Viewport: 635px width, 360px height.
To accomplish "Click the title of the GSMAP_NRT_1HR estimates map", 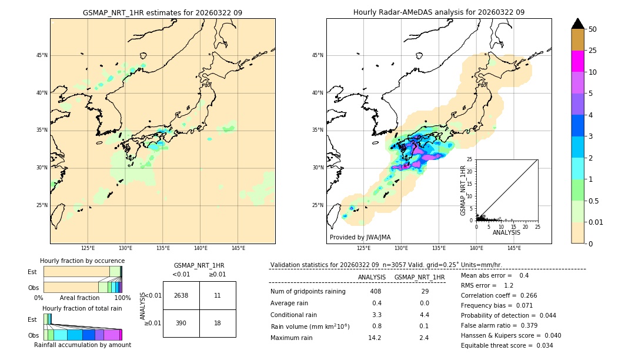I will pyautogui.click(x=162, y=12).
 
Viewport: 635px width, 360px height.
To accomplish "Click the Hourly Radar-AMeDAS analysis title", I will pyautogui.click(x=439, y=12).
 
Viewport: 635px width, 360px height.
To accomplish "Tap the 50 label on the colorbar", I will pyautogui.click(x=593, y=29).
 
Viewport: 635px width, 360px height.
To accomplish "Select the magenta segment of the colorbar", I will pyautogui.click(x=577, y=61).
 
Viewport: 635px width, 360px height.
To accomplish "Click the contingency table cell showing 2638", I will pyautogui.click(x=181, y=295).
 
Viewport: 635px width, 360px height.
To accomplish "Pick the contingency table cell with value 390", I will pyautogui.click(x=181, y=324).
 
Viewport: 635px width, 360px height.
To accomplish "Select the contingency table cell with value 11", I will pyautogui.click(x=218, y=295).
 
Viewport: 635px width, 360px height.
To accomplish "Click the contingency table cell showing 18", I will pyautogui.click(x=218, y=324).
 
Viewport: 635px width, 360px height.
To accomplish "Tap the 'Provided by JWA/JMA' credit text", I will pyautogui.click(x=360, y=238).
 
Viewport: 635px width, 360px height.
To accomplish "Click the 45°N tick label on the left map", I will pyautogui.click(x=42, y=55).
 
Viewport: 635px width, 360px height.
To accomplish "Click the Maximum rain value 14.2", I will pyautogui.click(x=375, y=338).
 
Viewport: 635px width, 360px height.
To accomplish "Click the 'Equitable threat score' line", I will pyautogui.click(x=507, y=345).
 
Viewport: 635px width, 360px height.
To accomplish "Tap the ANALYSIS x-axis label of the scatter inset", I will pyautogui.click(x=506, y=232).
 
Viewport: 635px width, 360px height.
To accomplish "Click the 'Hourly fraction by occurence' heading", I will pyautogui.click(x=82, y=261).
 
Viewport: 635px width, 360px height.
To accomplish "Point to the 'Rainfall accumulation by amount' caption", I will pyautogui.click(x=82, y=345).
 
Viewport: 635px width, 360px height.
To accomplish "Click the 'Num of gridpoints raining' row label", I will pyautogui.click(x=308, y=292).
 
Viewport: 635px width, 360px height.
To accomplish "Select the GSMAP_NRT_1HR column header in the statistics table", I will pyautogui.click(x=419, y=277).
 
